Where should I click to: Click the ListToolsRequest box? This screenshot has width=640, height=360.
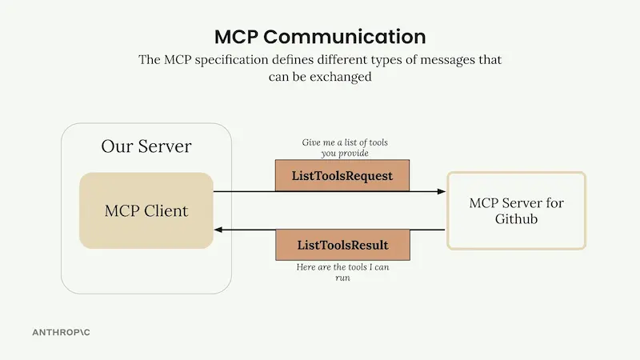point(342,175)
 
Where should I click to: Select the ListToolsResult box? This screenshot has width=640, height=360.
point(343,245)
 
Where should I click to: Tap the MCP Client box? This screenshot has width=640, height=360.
point(146,210)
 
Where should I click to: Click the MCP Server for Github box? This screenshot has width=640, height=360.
point(516,210)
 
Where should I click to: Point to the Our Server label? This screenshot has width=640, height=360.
point(146,146)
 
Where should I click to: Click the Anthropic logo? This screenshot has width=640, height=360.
point(62,332)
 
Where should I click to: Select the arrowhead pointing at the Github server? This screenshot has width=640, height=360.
point(442,191)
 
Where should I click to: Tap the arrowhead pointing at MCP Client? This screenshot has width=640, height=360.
point(218,230)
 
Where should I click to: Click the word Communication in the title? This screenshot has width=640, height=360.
point(345,37)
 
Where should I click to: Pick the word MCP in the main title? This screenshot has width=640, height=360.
point(236,37)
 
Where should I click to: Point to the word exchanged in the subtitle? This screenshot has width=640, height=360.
point(341,77)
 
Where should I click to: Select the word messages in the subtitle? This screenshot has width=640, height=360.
point(447,60)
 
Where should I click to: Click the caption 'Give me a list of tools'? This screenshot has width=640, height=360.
point(345,142)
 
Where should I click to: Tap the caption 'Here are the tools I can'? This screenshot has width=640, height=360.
point(343,267)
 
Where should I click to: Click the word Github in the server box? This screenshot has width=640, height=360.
point(516,218)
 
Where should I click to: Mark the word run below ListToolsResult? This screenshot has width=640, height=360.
point(343,278)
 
